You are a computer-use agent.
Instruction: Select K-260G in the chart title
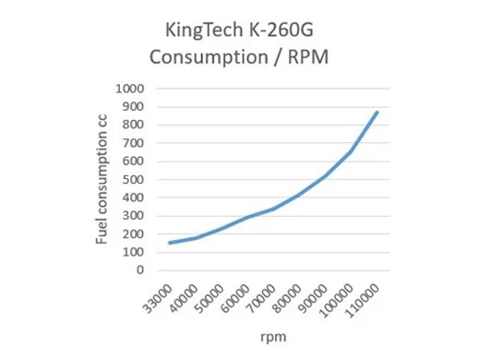pyautogui.click(x=284, y=30)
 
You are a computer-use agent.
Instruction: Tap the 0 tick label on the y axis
pyautogui.click(x=142, y=270)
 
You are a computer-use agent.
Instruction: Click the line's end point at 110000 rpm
pyautogui.click(x=377, y=113)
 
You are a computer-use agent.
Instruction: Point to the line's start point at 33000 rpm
pyautogui.click(x=169, y=243)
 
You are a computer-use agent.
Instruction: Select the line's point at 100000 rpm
pyautogui.click(x=351, y=151)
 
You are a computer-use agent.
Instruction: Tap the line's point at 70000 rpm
pyautogui.click(x=272, y=209)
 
